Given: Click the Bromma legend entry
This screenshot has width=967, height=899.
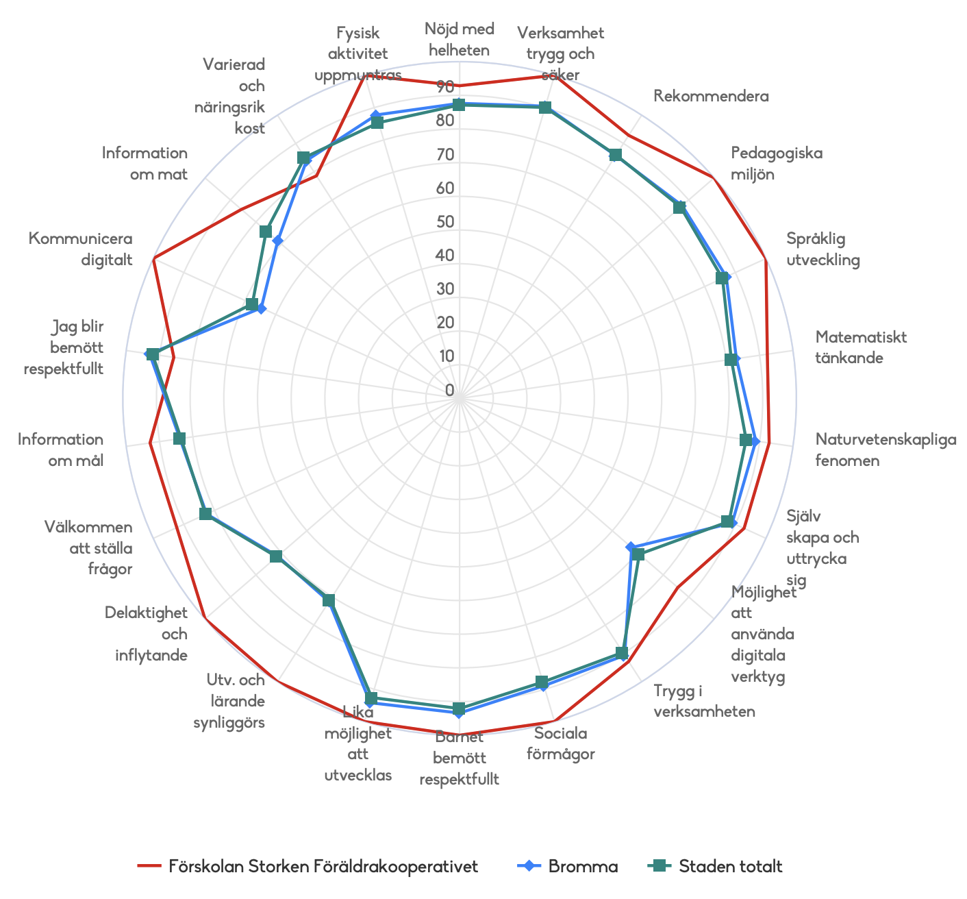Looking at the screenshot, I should click(x=583, y=866).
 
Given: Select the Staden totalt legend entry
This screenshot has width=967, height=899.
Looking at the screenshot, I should click(x=730, y=866).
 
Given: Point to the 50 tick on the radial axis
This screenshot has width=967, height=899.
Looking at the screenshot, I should click(x=445, y=221).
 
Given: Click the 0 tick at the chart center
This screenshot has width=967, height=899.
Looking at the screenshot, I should click(x=449, y=390).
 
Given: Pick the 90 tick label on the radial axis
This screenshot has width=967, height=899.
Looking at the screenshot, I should click(x=445, y=86).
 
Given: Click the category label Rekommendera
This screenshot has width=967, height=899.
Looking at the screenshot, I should click(x=711, y=96).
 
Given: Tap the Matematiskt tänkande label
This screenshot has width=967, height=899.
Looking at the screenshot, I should click(x=861, y=347).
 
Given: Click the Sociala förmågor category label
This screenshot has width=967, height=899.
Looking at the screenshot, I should click(x=561, y=743).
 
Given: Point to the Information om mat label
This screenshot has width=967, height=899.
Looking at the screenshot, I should click(x=145, y=163).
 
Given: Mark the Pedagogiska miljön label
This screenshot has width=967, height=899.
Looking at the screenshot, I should click(x=777, y=163).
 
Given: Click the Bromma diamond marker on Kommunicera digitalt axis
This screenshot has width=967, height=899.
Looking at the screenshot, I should click(x=261, y=309).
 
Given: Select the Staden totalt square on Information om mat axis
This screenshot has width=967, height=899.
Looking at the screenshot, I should click(x=265, y=232).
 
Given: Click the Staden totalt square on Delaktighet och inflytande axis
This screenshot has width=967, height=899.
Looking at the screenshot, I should click(x=275, y=556).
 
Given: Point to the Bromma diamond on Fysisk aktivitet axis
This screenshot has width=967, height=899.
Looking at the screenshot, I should click(x=375, y=115).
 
